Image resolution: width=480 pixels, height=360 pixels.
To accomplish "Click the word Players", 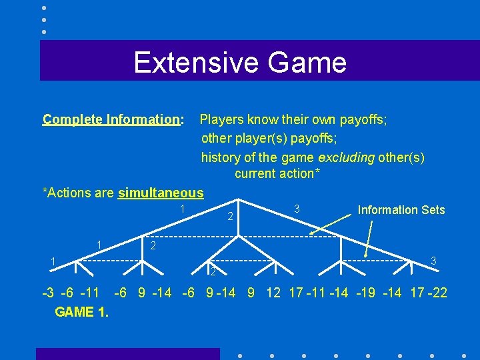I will [x=222, y=119].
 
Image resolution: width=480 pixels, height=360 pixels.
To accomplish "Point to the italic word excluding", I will [x=346, y=157].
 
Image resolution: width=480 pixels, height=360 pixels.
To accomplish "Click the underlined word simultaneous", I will [x=161, y=193].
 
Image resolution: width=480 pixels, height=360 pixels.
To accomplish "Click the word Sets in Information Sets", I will [x=432, y=210].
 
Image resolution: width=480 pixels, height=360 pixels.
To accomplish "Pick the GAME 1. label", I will [x=82, y=312].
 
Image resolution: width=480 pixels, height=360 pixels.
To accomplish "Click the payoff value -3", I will [x=48, y=293].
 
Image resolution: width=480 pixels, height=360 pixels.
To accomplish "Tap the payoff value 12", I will [x=274, y=293].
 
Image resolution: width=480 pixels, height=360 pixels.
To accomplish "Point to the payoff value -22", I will [x=437, y=293].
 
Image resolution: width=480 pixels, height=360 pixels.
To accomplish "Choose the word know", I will [x=262, y=119].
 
